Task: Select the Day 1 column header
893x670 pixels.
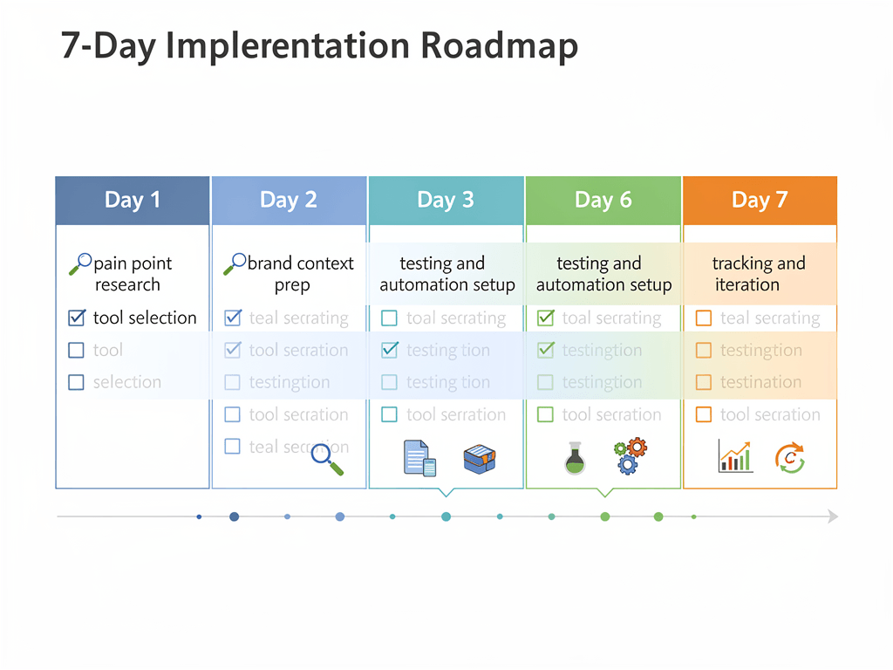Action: click(133, 201)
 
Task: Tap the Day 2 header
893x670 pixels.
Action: click(289, 201)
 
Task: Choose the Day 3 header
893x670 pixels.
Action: click(446, 201)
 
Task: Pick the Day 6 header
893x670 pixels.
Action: click(603, 201)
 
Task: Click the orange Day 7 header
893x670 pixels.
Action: click(760, 201)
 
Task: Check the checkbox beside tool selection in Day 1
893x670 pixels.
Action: click(76, 318)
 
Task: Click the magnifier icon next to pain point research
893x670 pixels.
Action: click(80, 263)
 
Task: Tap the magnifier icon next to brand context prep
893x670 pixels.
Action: click(235, 263)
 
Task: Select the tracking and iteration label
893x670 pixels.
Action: click(759, 274)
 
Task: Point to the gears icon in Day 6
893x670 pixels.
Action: click(631, 456)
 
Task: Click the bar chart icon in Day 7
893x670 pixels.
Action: click(735, 456)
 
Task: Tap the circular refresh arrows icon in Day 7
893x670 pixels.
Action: click(790, 457)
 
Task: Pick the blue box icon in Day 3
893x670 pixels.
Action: click(480, 458)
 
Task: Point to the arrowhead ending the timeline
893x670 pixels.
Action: click(833, 516)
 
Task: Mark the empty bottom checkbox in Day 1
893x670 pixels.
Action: click(76, 382)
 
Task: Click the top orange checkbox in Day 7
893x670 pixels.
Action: click(704, 318)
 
